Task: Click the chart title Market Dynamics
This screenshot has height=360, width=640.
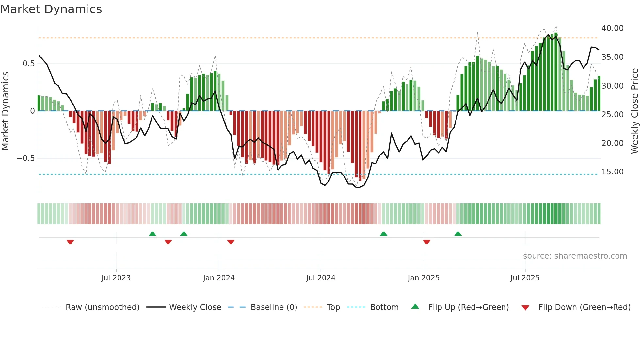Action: [51, 9]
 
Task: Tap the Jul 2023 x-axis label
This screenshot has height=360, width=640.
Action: [116, 278]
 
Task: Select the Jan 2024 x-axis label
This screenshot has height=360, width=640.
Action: [219, 278]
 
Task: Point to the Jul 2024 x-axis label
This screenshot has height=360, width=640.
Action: [321, 278]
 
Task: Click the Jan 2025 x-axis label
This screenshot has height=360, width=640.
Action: [424, 278]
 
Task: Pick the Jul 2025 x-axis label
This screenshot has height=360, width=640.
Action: [525, 278]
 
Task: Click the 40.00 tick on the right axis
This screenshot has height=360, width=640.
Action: [612, 28]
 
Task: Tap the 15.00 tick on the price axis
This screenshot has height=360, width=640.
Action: [612, 172]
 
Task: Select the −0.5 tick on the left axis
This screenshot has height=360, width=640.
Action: [25, 158]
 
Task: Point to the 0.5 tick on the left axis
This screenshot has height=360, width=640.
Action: [28, 63]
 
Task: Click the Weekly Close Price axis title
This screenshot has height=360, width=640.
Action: [634, 111]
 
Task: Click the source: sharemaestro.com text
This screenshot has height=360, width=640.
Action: [575, 256]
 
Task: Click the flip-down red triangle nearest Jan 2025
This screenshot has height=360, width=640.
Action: [426, 242]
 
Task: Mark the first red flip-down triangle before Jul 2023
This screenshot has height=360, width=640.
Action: [70, 242]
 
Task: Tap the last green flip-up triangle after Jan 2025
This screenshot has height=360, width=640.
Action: [458, 234]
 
